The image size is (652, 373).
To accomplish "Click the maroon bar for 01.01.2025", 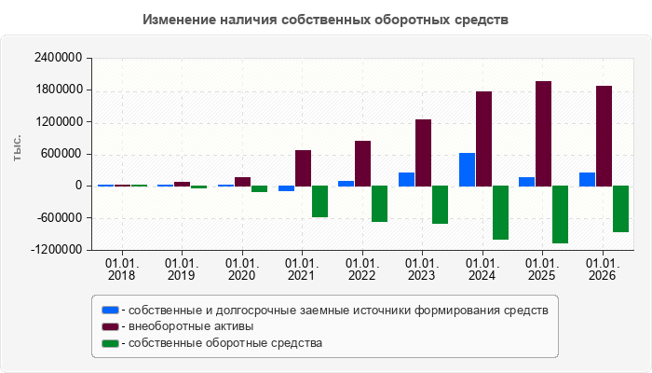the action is [543, 133].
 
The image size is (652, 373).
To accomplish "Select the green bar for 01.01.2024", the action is [501, 213].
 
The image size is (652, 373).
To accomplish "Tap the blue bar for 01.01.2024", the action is [467, 170].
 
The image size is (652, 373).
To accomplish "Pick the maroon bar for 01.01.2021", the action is [303, 168].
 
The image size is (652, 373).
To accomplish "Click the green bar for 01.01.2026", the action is [621, 209].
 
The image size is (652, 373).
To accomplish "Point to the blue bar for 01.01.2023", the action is [407, 179].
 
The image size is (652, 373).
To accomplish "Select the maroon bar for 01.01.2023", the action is [423, 153].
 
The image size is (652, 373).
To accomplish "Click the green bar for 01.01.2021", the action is [320, 201].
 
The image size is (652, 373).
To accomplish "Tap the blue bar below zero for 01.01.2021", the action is [287, 188].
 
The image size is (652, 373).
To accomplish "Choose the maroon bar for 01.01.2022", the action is [363, 163].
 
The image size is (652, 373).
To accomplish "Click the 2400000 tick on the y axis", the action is [58, 58].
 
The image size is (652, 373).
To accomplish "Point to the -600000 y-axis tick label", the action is [60, 217].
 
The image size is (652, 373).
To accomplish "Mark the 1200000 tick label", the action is [58, 122].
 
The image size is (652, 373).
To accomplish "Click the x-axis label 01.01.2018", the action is [122, 269].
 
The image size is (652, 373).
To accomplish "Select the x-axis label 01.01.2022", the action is [362, 269].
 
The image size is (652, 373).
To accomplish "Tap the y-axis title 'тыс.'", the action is [17, 147].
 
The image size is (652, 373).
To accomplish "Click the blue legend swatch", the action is [110, 311].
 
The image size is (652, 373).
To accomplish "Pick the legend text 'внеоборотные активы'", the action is [191, 326].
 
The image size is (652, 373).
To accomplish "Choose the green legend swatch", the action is [110, 343].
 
